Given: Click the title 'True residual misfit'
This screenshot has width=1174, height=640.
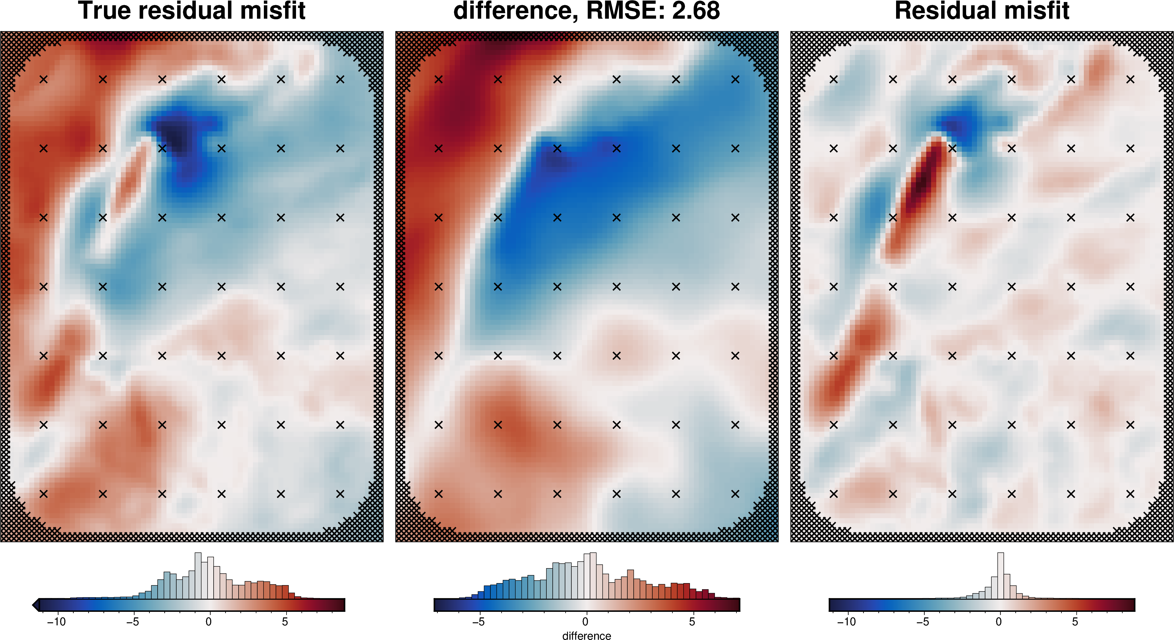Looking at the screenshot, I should (192, 11).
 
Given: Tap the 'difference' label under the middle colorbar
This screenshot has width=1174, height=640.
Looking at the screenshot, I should (587, 635).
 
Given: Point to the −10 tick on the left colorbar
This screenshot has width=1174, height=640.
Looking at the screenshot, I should (57, 621).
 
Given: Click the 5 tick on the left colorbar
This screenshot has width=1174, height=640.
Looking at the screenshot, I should (285, 621).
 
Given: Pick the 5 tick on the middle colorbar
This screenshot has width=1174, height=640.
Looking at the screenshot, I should (692, 621).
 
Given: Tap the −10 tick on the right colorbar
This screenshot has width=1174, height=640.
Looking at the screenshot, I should (846, 621).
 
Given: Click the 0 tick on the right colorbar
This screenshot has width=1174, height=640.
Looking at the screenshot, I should (999, 621).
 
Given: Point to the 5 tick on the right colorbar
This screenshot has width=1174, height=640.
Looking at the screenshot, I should (1075, 621).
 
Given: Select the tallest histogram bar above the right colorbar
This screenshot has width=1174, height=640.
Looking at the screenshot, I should (1000, 576).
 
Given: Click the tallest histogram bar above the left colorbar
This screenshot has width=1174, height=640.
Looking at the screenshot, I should (198, 576).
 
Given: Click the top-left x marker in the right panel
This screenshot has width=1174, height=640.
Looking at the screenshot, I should (833, 79).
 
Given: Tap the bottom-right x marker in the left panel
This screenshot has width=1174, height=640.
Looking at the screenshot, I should (340, 493).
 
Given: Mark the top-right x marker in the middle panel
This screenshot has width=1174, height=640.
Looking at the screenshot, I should (735, 79).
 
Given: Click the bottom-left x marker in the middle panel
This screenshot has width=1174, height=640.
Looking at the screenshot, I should (438, 493).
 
